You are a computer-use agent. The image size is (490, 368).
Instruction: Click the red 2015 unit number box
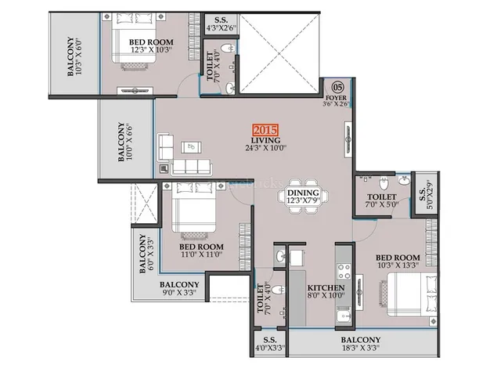pyautogui.click(x=265, y=130)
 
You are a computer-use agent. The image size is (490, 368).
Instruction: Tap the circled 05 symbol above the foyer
pyautogui.click(x=337, y=87)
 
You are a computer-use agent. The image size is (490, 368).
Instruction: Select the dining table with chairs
pyautogui.click(x=303, y=196)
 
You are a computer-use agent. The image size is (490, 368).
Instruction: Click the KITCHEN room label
pyautogui.click(x=326, y=287)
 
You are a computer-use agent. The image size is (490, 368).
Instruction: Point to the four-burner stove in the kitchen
pyautogui.click(x=344, y=272)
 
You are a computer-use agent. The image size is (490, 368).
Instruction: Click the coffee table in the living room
pyautogui.click(x=191, y=147)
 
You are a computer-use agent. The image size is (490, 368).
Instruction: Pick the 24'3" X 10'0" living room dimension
pyautogui.click(x=266, y=148)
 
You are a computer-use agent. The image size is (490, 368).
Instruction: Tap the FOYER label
pyautogui.click(x=336, y=98)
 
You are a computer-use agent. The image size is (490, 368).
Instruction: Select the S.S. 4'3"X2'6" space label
pyautogui.click(x=222, y=24)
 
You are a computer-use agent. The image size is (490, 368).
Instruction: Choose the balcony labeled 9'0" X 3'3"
pyautogui.click(x=178, y=288)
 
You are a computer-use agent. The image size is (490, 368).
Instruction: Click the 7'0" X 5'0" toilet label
pyautogui.click(x=381, y=200)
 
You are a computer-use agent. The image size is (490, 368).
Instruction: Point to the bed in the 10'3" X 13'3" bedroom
pyautogui.click(x=412, y=294)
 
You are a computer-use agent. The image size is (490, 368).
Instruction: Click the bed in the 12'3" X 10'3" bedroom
pyautogui.click(x=134, y=38)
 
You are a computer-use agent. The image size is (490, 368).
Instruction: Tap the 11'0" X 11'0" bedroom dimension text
pyautogui.click(x=202, y=254)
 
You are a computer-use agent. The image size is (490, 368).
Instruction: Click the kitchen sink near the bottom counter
pyautogui.click(x=344, y=316)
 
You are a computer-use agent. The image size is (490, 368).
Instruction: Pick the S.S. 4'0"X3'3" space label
pyautogui.click(x=270, y=344)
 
